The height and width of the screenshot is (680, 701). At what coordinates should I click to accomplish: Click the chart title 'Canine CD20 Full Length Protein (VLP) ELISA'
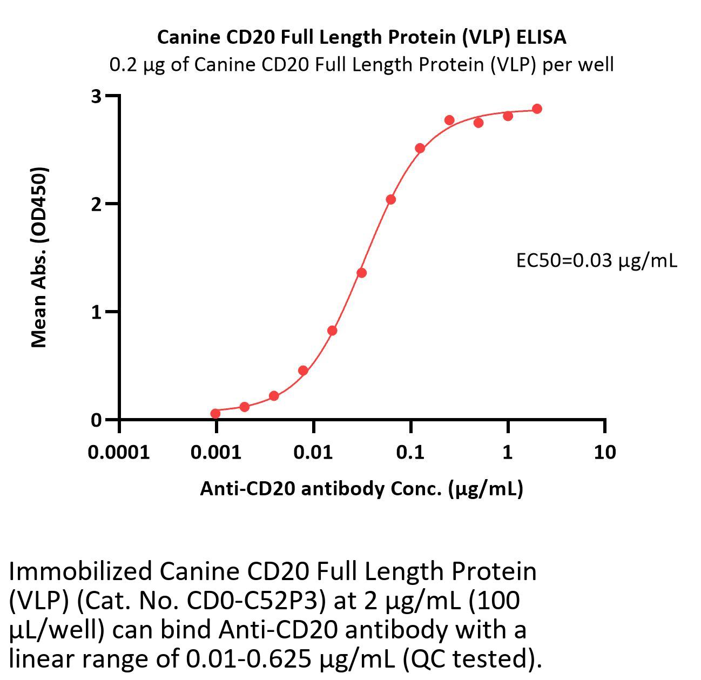[x=361, y=37]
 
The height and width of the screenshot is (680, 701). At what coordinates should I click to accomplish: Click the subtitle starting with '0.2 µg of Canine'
[x=361, y=65]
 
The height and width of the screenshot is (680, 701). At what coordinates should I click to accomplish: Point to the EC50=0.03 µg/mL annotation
[x=596, y=261]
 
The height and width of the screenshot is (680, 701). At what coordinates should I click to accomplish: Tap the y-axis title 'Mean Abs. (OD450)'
[x=39, y=257]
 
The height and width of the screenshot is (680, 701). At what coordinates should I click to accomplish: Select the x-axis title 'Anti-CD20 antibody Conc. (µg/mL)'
[x=361, y=488]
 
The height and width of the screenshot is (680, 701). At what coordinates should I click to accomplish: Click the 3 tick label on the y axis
[x=97, y=96]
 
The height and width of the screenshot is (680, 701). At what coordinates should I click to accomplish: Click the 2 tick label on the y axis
[x=97, y=204]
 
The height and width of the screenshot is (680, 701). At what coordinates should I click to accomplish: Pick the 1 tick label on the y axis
[x=97, y=312]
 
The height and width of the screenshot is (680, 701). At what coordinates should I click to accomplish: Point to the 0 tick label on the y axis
[x=97, y=420]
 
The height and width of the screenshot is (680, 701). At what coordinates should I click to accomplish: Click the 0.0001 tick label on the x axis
[x=119, y=452]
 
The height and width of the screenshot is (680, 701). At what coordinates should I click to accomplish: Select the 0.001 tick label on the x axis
[x=216, y=452]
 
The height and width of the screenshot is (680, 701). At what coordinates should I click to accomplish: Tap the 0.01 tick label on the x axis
[x=313, y=452]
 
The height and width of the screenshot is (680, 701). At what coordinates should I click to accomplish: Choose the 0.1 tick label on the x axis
[x=410, y=452]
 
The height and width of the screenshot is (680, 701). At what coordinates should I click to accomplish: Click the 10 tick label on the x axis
[x=604, y=452]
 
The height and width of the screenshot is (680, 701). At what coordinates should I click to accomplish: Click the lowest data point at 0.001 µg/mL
[x=215, y=414]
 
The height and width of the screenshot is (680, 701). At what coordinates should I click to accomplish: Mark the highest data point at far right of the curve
[x=537, y=109]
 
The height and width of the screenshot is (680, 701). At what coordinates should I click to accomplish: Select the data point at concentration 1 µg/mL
[x=508, y=116]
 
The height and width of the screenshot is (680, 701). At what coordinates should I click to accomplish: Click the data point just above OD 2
[x=391, y=199]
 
